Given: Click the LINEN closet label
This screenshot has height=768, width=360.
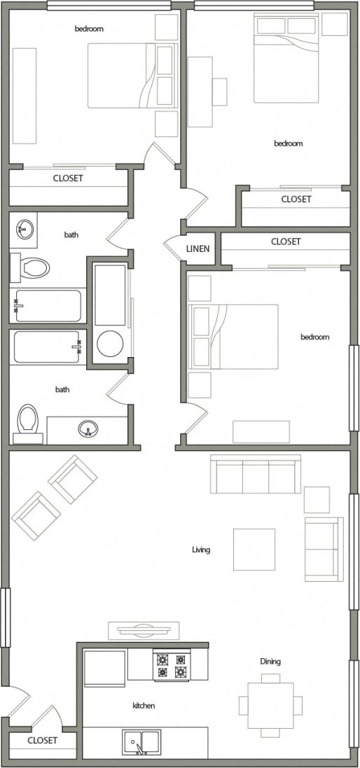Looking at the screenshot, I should click(x=199, y=249).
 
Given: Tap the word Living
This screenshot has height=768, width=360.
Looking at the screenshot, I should click(x=201, y=550).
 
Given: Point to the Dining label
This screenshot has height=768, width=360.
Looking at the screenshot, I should click(x=270, y=661).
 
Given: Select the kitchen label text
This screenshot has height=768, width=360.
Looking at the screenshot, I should click(x=144, y=706).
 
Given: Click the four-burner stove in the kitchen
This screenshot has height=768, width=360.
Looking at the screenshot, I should click(x=172, y=666).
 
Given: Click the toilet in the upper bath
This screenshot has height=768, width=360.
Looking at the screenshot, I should click(x=32, y=267).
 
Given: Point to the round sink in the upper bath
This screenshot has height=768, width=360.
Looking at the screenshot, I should click(x=25, y=228).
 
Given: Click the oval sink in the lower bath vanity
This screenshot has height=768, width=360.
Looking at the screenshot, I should click(x=88, y=428).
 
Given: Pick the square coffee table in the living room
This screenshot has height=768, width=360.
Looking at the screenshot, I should click(x=254, y=550).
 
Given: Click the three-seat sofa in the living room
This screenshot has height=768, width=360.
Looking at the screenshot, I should click(x=256, y=474).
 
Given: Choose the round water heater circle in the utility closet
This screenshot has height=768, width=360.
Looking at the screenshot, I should click(x=110, y=344).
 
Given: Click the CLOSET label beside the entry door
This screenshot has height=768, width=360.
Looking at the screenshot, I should click(x=42, y=740).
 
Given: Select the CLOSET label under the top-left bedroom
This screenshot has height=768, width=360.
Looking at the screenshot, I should click(x=68, y=179).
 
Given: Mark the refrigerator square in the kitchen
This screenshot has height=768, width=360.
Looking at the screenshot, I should click(x=105, y=668).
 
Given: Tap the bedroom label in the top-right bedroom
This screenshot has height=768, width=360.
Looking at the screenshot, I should click(x=288, y=144).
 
